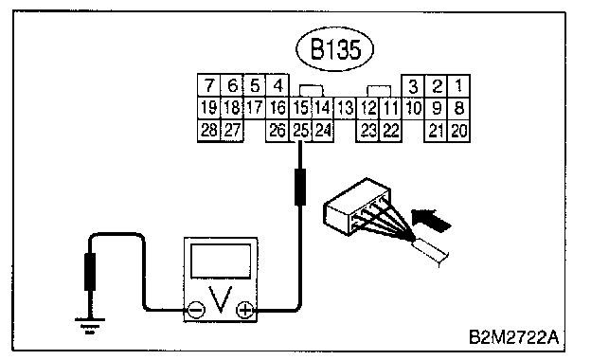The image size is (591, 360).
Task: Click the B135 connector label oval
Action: click(334, 49)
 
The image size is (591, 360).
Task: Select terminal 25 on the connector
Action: click(300, 131)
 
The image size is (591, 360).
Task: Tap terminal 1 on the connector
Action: click(458, 86)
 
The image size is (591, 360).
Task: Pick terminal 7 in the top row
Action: click(209, 85)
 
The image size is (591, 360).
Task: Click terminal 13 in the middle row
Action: click(345, 108)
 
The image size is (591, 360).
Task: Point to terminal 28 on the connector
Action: click(209, 131)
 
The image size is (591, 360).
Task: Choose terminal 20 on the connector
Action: click(458, 131)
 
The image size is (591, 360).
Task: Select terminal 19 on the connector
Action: click(209, 108)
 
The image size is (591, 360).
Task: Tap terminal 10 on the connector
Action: click(413, 109)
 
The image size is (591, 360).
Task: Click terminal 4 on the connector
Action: click(278, 85)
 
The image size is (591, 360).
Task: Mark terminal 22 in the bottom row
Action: click(391, 131)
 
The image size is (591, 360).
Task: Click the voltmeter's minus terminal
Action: click(196, 310)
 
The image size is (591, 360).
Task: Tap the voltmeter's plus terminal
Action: click(245, 310)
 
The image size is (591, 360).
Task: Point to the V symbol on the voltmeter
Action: click(221, 299)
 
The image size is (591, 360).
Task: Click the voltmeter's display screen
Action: click(221, 261)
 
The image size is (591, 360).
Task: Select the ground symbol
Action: click(90, 326)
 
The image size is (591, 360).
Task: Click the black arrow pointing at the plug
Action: click(432, 220)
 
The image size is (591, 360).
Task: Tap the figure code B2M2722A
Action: click(514, 337)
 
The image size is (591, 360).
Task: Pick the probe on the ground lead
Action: click(90, 271)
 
